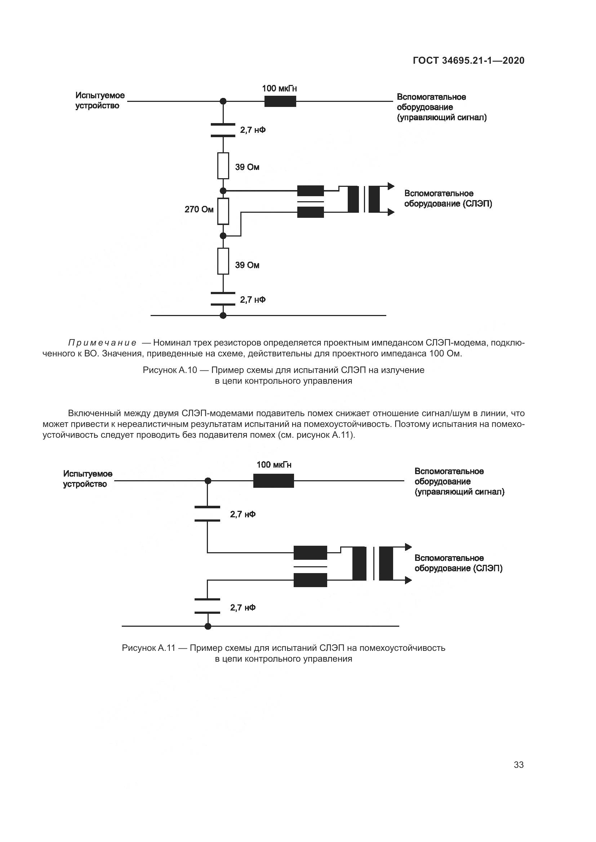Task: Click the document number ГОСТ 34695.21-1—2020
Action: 469,60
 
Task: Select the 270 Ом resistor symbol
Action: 223,211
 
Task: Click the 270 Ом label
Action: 199,210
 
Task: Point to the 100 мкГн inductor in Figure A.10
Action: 280,101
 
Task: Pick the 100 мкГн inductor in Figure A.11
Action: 273,481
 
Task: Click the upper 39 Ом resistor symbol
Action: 223,166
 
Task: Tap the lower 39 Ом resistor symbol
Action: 223,261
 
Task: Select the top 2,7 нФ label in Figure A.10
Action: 253,130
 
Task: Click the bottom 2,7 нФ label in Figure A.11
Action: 243,608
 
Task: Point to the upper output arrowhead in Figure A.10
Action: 391,186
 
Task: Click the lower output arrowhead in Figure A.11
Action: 408,581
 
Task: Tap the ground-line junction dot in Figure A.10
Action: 223,315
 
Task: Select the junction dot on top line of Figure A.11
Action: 208,481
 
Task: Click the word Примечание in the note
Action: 102,343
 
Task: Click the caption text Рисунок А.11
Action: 148,648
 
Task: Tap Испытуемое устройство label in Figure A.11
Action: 88,479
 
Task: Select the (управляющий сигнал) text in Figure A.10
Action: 442,118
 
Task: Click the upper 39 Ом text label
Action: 247,167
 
